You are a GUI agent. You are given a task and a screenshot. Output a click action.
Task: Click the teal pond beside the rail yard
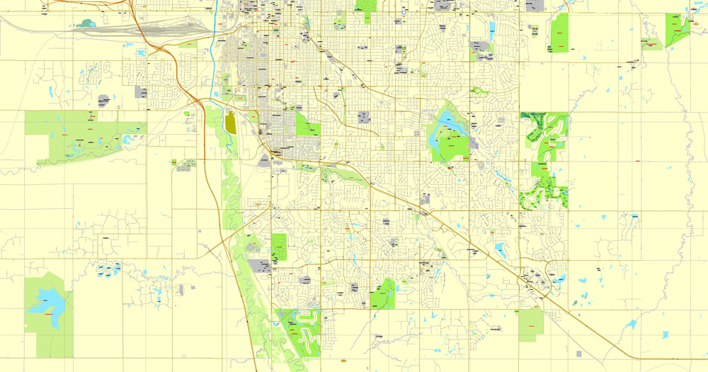click(88, 23)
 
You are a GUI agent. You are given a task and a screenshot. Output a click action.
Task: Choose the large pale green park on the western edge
click(78, 135)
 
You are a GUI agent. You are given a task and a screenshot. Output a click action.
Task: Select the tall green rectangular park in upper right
click(559, 33)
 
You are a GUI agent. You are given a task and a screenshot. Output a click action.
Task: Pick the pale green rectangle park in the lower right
click(530, 325)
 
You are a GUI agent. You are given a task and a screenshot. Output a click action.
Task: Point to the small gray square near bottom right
click(579, 353)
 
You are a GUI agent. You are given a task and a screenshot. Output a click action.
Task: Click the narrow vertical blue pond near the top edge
click(491, 30)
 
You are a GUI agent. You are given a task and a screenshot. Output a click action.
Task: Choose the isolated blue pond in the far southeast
click(629, 325)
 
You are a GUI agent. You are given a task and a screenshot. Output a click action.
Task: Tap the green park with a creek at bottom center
click(382, 293)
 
